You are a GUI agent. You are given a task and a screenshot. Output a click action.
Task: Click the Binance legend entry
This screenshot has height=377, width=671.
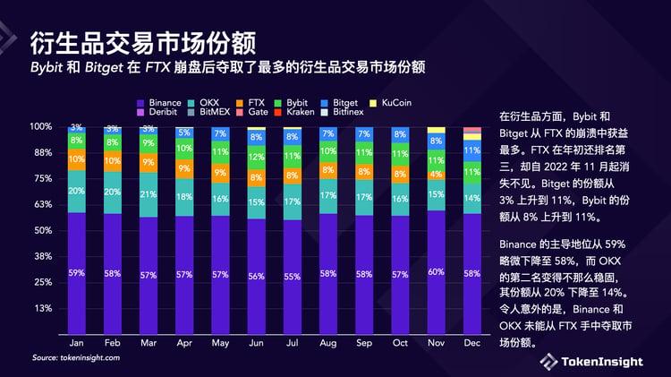pyautogui.click(x=160, y=103)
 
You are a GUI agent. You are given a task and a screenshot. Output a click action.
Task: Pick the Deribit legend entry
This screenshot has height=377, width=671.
pyautogui.click(x=160, y=114)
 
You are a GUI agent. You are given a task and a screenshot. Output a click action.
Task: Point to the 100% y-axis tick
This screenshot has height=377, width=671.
pyautogui.click(x=40, y=127)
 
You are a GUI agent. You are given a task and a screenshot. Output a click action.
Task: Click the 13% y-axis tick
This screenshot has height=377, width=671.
pyautogui.click(x=43, y=309)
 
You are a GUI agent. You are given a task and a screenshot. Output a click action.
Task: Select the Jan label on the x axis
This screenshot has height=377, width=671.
pyautogui.click(x=77, y=342)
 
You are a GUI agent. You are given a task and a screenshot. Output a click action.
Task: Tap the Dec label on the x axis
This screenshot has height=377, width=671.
pyautogui.click(x=471, y=342)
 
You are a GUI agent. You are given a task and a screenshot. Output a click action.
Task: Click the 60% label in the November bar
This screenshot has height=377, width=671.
pyautogui.click(x=436, y=271)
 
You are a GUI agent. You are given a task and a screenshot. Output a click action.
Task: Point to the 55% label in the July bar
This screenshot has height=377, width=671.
pyautogui.click(x=293, y=277)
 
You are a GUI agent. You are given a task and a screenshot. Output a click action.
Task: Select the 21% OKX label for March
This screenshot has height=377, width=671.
pyautogui.click(x=149, y=194)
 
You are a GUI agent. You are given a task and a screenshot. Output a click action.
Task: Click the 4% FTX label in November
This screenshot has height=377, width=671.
pyautogui.click(x=436, y=174)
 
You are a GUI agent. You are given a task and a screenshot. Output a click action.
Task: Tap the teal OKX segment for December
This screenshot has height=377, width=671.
pyautogui.click(x=471, y=199)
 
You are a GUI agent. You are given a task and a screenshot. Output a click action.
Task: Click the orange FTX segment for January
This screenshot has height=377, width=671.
pyautogui.click(x=77, y=159)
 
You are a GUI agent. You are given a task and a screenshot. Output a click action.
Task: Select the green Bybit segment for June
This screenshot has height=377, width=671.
pyautogui.click(x=256, y=159)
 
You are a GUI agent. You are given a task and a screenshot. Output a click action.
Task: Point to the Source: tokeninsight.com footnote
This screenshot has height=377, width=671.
pyautogui.click(x=76, y=358)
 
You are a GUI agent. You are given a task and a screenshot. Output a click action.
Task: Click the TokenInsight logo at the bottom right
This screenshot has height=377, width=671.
pyautogui.click(x=590, y=360)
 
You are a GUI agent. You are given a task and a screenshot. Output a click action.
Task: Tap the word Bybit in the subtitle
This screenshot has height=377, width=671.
pyautogui.click(x=49, y=68)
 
